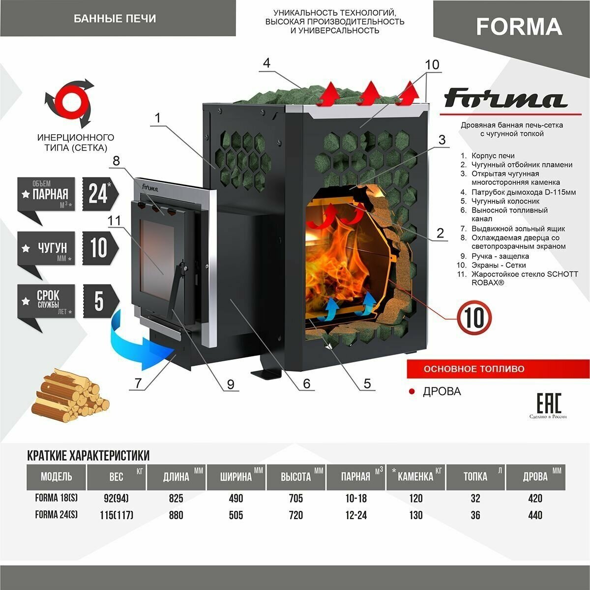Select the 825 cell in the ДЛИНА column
tap(176, 499)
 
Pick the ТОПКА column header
tap(475, 476)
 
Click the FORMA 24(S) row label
tap(56, 515)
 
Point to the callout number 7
tap(138, 383)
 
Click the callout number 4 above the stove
tap(267, 63)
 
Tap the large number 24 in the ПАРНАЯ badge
tap(98, 193)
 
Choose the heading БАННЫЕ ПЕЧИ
tap(115, 19)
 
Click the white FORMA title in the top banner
tap(519, 27)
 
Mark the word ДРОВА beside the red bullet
tap(442, 391)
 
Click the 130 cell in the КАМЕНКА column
tap(415, 515)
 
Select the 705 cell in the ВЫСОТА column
tap(296, 499)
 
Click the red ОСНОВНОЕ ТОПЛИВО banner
tap(467, 369)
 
